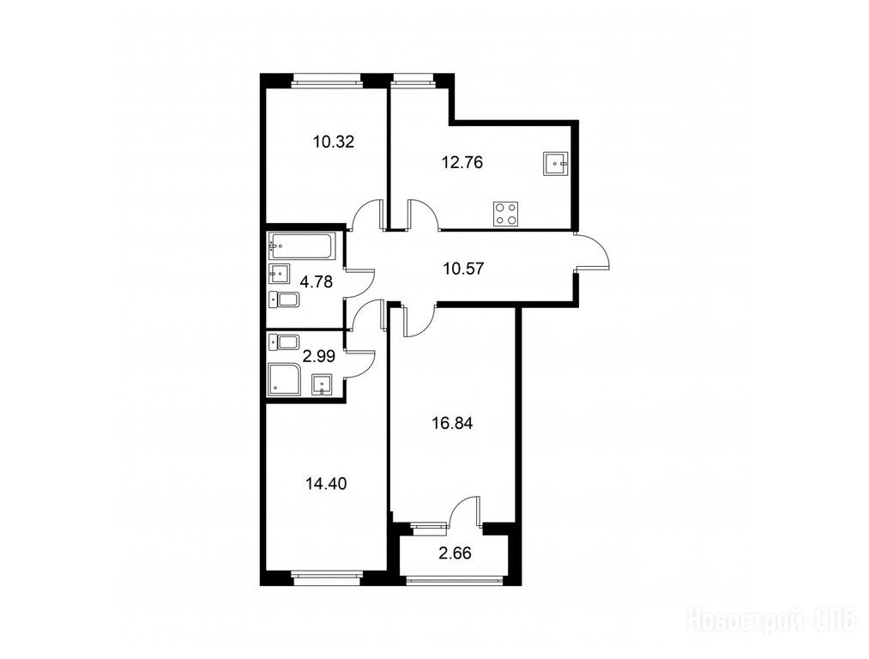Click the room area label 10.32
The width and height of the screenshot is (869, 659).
[333, 142]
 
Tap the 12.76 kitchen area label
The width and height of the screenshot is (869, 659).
[462, 163]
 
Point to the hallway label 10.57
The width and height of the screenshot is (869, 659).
[463, 269]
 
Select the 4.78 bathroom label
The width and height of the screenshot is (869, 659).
[316, 282]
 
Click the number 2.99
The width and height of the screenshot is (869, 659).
[320, 356]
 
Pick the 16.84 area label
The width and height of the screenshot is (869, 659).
[452, 424]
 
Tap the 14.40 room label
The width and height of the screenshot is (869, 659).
[326, 484]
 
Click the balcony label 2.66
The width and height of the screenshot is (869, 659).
[455, 553]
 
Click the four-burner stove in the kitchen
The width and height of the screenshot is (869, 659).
[506, 214]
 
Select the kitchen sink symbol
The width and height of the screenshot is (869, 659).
[556, 164]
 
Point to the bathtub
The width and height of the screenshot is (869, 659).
[302, 246]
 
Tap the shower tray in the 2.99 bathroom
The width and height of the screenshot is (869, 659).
[284, 379]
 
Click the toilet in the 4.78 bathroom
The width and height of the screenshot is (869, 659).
[284, 300]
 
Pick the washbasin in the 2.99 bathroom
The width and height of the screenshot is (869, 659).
[322, 384]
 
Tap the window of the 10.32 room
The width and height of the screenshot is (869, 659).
[326, 82]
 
